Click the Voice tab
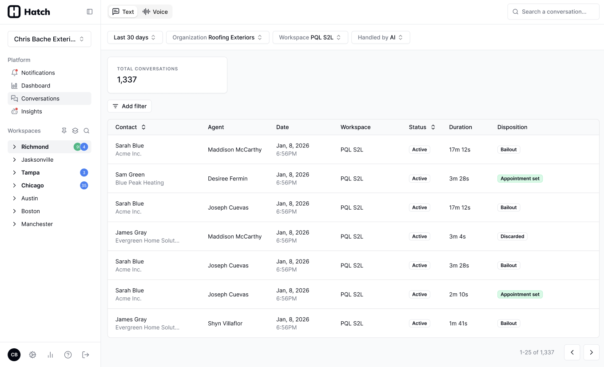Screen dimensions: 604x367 pyautogui.click(x=155, y=12)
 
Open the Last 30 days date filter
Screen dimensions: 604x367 pyautogui.click(x=135, y=37)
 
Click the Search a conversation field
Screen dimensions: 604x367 pyautogui.click(x=553, y=12)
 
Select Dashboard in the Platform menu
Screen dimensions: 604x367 pyautogui.click(x=36, y=86)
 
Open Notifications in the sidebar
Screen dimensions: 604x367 pyautogui.click(x=38, y=72)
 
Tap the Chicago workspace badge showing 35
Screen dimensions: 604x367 pyautogui.click(x=84, y=185)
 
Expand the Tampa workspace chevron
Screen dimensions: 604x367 pyautogui.click(x=15, y=172)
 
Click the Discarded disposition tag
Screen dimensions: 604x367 pyautogui.click(x=513, y=236)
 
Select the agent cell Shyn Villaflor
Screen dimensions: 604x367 pyautogui.click(x=225, y=323)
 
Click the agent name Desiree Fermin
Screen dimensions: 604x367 pyautogui.click(x=227, y=178)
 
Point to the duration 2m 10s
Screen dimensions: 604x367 pyautogui.click(x=458, y=295)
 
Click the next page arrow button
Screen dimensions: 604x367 pyautogui.click(x=591, y=352)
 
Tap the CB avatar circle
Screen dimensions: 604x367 pyautogui.click(x=14, y=355)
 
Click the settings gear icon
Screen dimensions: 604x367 pyautogui.click(x=32, y=355)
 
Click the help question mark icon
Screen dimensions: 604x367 pyautogui.click(x=68, y=355)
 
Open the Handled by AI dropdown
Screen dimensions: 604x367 pyautogui.click(x=381, y=37)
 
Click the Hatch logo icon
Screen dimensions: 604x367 pyautogui.click(x=14, y=12)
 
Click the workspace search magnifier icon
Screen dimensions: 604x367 pyautogui.click(x=86, y=131)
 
